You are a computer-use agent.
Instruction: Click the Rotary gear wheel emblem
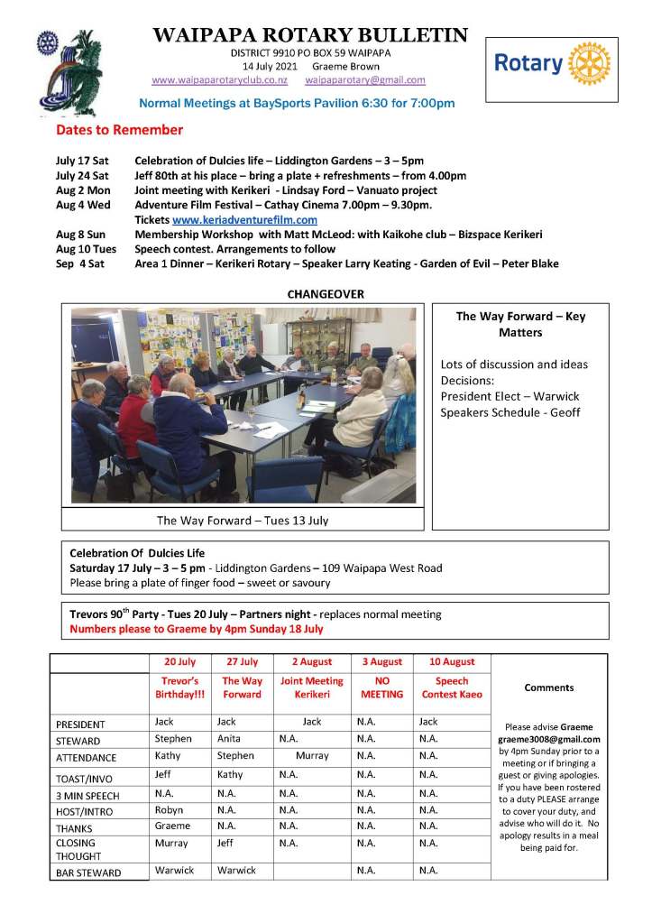point(591,63)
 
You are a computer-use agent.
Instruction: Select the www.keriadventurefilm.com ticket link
point(244,219)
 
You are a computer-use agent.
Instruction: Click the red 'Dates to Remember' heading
point(119,130)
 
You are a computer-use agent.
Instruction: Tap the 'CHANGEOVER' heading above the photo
point(325,294)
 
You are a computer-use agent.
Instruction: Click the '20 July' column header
point(179,662)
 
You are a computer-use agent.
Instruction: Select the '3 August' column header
point(382,662)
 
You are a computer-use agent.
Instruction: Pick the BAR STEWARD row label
point(88,872)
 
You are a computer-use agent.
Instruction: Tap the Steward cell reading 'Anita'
point(229,739)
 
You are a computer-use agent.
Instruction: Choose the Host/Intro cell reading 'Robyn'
point(169,809)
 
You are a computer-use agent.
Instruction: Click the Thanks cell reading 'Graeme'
point(172,826)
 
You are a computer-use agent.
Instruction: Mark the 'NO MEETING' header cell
point(382,688)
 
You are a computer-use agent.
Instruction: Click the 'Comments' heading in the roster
point(548,688)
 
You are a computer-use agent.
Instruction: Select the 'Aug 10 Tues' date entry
point(87,249)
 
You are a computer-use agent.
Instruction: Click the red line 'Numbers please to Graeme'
point(196,629)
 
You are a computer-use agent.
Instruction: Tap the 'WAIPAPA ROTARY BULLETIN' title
point(310,36)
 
